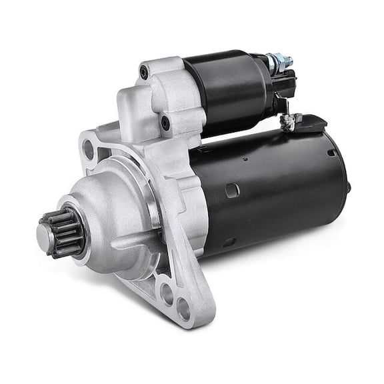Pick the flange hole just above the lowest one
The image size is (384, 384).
click(x=166, y=291)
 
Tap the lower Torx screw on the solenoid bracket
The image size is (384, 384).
click(x=165, y=123)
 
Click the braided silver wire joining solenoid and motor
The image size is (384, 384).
click(x=288, y=121)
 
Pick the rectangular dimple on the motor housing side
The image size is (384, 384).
click(x=232, y=191)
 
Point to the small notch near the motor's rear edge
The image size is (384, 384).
click(x=331, y=153)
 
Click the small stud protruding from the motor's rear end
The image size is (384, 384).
click(x=348, y=187)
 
